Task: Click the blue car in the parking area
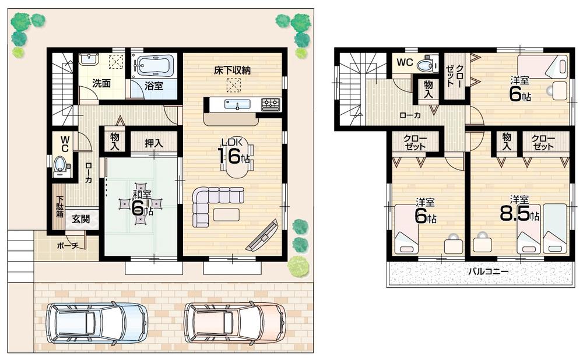coord(95,323)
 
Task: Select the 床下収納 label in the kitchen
coord(232,70)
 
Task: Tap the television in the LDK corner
coord(263,235)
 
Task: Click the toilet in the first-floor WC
coord(60,166)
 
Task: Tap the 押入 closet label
coord(153,143)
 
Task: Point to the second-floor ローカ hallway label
coord(412,115)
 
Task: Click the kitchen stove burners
coord(271,104)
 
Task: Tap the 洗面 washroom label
coord(103,83)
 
